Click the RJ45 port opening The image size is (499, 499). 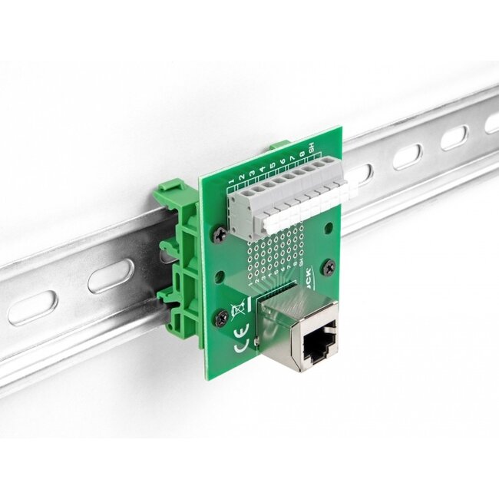click(x=316, y=347)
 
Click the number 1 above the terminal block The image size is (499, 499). click(x=231, y=181)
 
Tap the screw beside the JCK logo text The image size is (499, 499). click(x=329, y=266)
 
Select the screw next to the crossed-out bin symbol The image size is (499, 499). click(x=221, y=316)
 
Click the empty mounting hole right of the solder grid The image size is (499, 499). click(x=329, y=228)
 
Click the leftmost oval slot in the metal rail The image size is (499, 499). click(x=32, y=308)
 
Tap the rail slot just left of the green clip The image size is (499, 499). click(x=111, y=276)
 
